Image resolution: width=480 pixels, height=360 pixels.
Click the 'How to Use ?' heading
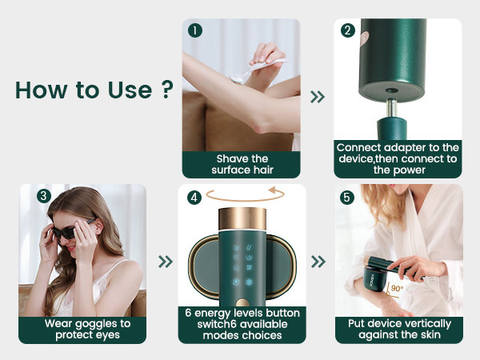94,90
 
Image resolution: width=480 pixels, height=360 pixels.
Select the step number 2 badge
347,30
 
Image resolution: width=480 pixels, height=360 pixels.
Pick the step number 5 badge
347,197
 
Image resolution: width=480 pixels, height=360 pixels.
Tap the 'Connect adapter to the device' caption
397,158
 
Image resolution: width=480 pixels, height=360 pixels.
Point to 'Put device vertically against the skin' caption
398,329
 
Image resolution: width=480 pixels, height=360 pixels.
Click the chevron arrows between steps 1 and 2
318,97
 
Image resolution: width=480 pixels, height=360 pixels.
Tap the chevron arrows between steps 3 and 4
166,262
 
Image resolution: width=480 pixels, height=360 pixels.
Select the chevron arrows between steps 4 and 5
318,262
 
